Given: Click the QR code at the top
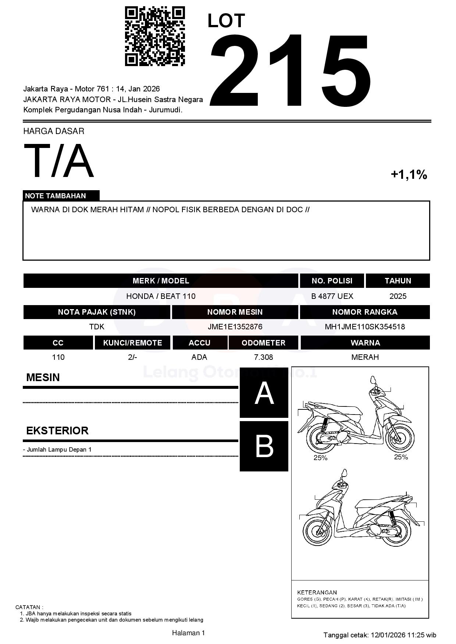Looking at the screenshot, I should [155, 36].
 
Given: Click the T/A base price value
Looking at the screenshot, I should [59, 161].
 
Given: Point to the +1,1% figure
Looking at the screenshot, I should [409, 174].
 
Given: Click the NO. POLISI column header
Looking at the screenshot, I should [332, 281].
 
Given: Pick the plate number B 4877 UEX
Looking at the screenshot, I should [332, 296].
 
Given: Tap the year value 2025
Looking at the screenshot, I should [398, 296].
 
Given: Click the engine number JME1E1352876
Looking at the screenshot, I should [235, 327].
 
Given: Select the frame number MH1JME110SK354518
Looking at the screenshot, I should [365, 327].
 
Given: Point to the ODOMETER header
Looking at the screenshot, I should [263, 343].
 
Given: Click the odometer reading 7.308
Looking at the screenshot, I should [263, 357].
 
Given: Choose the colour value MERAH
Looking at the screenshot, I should [365, 357].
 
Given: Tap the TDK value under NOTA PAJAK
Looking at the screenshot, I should [97, 327].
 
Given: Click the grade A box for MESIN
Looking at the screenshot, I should [264, 393].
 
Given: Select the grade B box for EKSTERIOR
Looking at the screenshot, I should [264, 446].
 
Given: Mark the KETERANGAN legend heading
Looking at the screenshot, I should [317, 592].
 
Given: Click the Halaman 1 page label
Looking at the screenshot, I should [188, 633].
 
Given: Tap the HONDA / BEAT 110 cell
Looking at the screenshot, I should [161, 296].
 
